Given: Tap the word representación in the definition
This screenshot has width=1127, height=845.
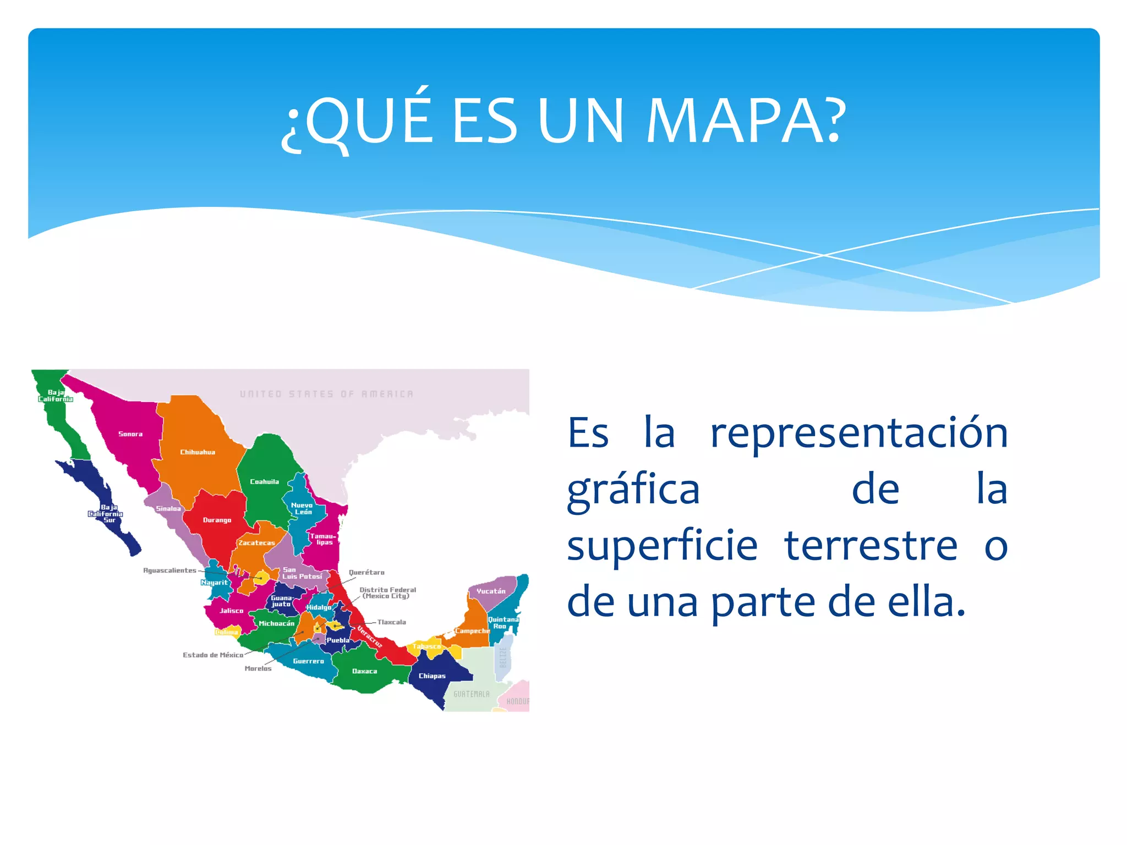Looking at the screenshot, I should pos(859,433).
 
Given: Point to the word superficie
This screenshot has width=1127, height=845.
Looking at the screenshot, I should pos(662,546).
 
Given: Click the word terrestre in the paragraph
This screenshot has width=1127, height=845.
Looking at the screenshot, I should pos(871,546).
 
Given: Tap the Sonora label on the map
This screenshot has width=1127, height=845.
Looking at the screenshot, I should pos(130,434).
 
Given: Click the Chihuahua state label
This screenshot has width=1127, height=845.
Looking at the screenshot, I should pos(198,452).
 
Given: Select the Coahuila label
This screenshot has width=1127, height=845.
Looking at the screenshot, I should pos(264,482).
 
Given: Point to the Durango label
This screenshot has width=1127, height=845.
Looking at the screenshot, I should pos(217,520).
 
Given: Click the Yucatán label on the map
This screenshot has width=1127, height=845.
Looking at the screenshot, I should pos(491,591).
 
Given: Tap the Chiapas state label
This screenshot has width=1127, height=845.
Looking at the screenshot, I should pos(432,676).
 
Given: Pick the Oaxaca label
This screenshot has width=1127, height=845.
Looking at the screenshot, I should pos(364,671).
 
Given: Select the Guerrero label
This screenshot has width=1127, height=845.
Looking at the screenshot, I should pos(308,661).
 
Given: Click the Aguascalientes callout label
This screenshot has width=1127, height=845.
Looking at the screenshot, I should pos(169,570).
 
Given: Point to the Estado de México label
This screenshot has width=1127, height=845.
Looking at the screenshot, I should pos(213,655).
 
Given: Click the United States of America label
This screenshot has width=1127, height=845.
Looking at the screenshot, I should pos(326,394).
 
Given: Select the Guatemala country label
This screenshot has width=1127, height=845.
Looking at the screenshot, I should pos(471,694).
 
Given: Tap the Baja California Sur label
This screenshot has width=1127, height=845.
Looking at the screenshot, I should pos(106,513).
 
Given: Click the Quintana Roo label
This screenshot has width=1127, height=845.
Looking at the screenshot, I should pos(503,623).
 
